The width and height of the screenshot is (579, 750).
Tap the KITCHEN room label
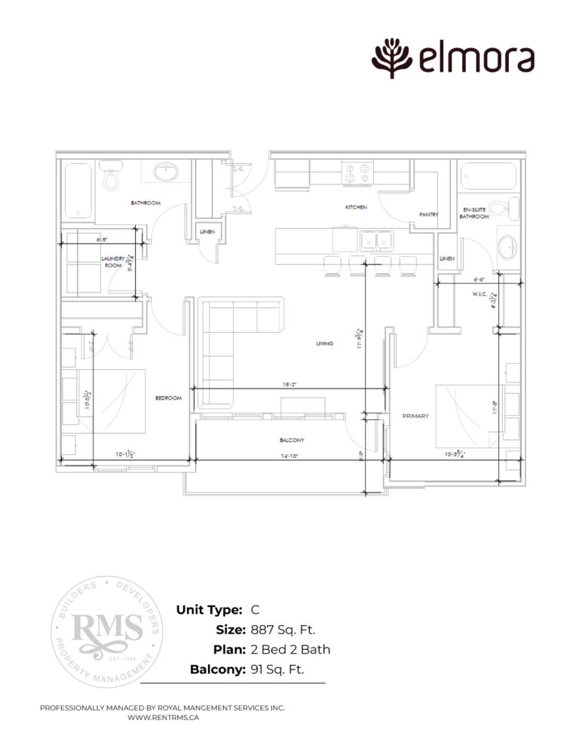[x=356, y=207]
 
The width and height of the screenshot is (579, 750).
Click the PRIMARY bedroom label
[x=415, y=415]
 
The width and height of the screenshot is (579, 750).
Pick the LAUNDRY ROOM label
[x=112, y=261]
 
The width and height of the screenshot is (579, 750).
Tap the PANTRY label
[x=428, y=215]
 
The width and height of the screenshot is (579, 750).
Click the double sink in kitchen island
[x=374, y=240]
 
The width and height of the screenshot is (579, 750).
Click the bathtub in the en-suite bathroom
[x=486, y=179]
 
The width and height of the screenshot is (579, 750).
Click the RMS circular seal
[x=107, y=630]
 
